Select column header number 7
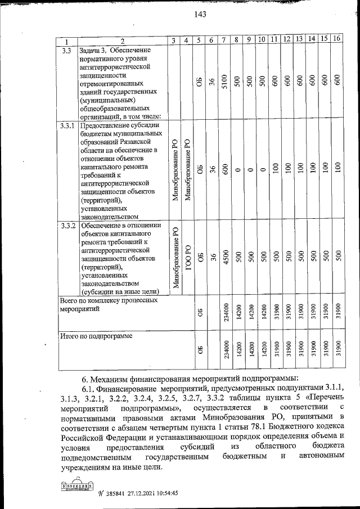[224, 39]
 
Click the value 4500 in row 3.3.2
[224, 257]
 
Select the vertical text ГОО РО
[188, 258]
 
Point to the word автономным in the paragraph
[319, 458]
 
